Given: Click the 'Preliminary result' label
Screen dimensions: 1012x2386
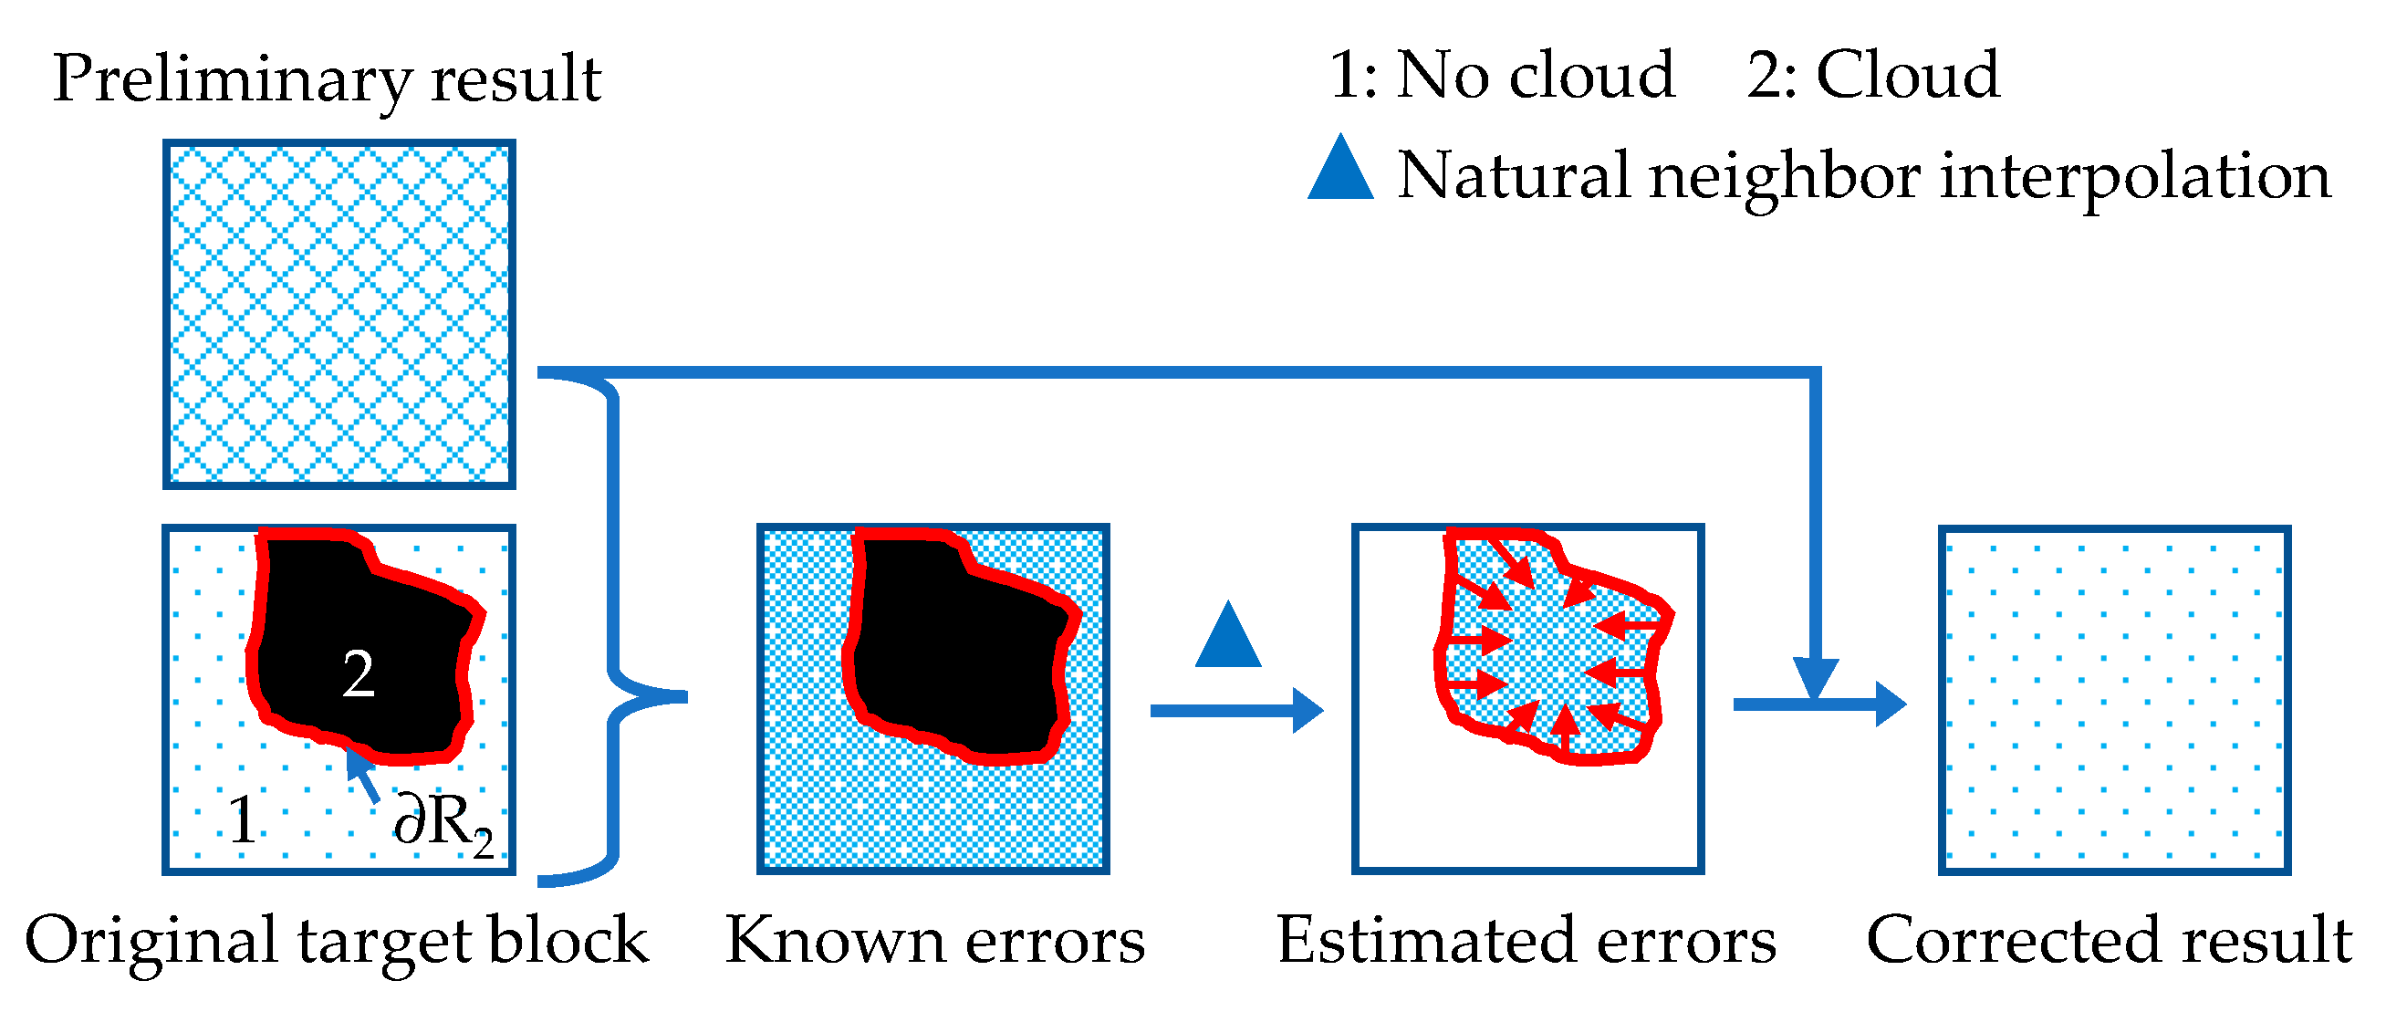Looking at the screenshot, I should (x=326, y=78).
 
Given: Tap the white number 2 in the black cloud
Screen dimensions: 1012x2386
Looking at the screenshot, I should (x=359, y=673).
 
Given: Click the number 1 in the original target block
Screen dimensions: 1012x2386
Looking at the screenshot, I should (x=243, y=820).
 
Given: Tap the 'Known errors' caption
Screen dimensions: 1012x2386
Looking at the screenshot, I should (x=934, y=941).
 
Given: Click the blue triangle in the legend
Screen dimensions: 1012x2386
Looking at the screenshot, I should (x=1340, y=171).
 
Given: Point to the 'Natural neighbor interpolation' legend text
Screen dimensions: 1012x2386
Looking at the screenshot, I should (x=1862, y=176).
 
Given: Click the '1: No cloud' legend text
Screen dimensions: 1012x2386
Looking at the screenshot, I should (x=1502, y=75).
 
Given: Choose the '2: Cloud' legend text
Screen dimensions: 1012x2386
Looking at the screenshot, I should (x=1873, y=75).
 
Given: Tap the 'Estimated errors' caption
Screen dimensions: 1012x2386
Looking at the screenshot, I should (x=1526, y=941).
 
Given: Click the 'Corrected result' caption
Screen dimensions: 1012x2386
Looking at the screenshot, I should (x=2108, y=941).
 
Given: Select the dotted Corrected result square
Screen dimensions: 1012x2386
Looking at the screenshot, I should (x=2114, y=700).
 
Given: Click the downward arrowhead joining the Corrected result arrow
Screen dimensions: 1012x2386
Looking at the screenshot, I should (x=1816, y=676).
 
